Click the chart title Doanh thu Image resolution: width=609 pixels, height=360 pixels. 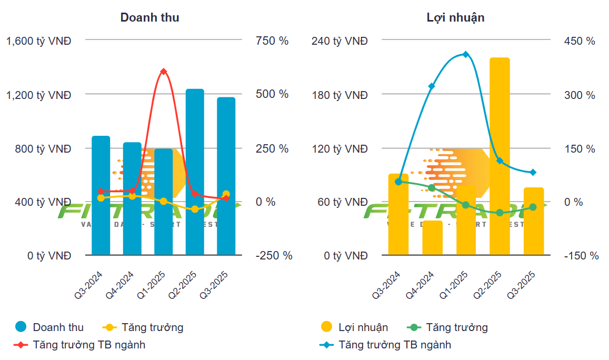point(149,17)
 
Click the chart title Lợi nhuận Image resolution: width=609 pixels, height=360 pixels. point(455,17)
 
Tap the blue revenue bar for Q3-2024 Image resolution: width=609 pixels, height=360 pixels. point(101,195)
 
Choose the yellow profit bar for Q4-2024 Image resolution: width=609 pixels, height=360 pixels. point(433,238)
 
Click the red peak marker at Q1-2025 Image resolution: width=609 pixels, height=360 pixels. point(164,72)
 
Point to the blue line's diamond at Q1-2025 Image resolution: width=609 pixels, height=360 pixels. point(466,54)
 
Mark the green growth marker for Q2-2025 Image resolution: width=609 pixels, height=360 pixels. point(500,213)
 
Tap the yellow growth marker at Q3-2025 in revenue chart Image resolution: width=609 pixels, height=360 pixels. point(226,194)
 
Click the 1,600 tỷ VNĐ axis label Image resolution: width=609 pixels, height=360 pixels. point(38,41)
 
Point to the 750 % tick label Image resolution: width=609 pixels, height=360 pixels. point(272,41)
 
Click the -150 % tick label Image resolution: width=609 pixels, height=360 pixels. point(581,256)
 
